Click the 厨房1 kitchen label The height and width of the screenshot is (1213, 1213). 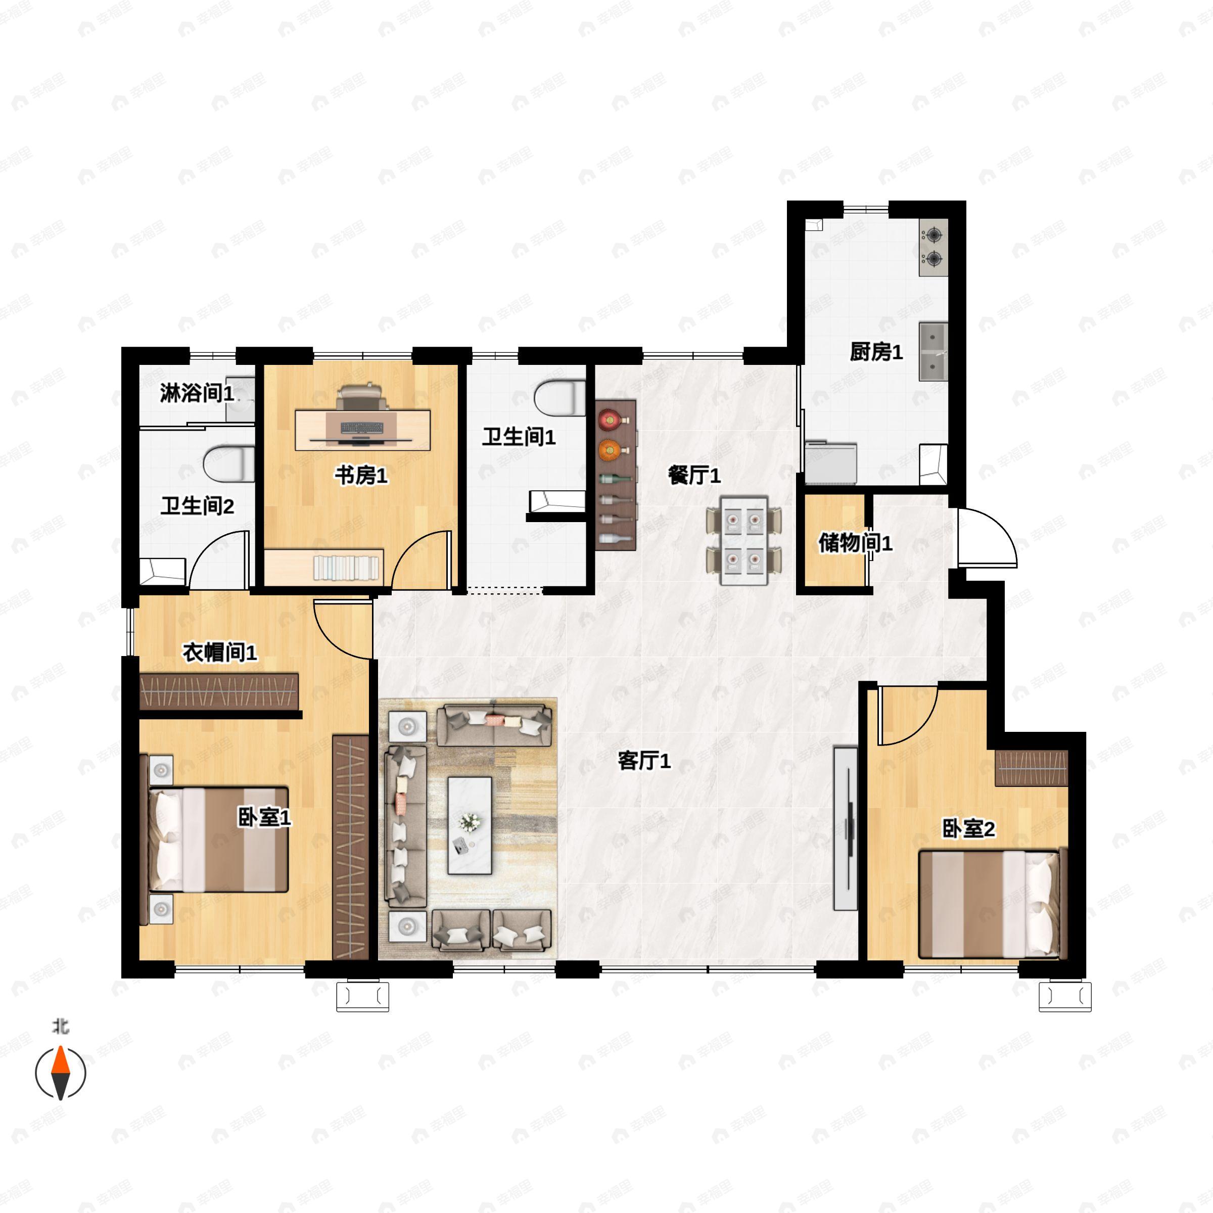tap(876, 352)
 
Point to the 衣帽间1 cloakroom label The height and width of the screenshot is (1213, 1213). tap(220, 652)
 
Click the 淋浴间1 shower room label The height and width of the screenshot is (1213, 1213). tap(197, 394)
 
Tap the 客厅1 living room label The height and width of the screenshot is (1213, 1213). tap(644, 761)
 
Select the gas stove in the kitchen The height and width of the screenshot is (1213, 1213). tap(934, 247)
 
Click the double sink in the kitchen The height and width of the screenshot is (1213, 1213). tap(934, 352)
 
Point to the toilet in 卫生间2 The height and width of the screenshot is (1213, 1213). tap(229, 464)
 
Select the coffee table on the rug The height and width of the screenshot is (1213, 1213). tap(470, 825)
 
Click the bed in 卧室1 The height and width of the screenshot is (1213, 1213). tap(218, 839)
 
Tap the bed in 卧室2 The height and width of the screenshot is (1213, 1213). tap(993, 904)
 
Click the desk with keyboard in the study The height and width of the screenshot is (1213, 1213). tap(363, 430)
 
